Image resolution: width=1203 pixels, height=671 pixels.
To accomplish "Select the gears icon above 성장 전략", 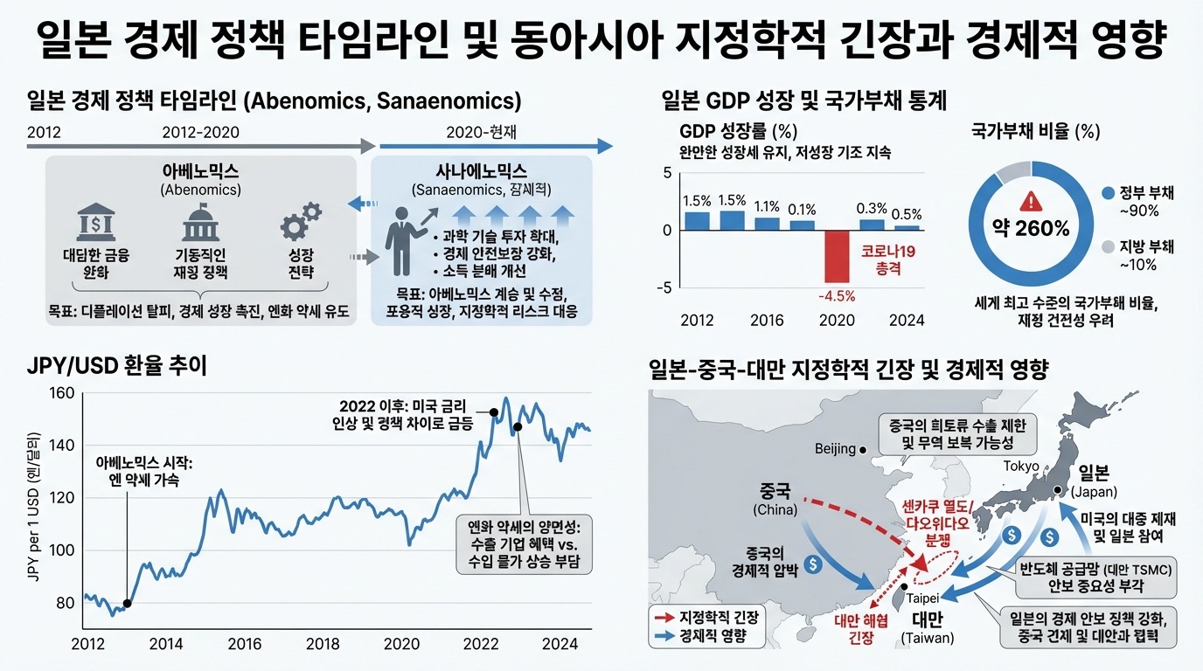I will click(x=300, y=221).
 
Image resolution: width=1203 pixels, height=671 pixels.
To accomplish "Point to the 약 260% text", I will click(x=1032, y=229).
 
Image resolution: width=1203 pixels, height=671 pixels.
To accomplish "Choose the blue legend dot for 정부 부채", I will click(x=1109, y=192).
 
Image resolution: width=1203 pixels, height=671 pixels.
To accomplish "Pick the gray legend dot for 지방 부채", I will click(x=1109, y=246).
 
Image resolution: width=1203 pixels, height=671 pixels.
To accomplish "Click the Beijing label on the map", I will click(x=835, y=449).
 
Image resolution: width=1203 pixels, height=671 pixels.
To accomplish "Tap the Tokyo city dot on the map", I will click(x=1057, y=490).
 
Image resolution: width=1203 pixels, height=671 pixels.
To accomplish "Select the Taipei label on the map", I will click(x=923, y=598).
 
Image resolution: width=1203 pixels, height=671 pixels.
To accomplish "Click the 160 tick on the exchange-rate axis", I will click(x=62, y=393).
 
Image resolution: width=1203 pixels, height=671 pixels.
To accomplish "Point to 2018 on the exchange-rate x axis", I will click(x=323, y=645).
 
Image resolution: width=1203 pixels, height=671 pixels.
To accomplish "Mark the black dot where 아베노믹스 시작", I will click(x=128, y=603).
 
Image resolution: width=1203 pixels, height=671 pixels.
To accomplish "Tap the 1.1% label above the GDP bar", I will click(x=767, y=207).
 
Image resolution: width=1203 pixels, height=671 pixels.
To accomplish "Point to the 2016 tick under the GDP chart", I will click(x=767, y=320).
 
